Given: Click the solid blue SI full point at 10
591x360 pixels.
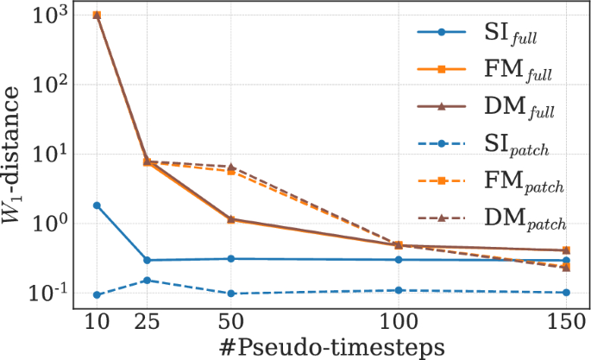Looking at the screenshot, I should click(97, 205).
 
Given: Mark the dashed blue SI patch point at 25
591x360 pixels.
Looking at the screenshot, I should click(147, 280).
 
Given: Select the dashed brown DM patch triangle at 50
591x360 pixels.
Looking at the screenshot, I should click(231, 167).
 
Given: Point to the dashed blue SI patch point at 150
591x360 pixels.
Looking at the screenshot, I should click(565, 293).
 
